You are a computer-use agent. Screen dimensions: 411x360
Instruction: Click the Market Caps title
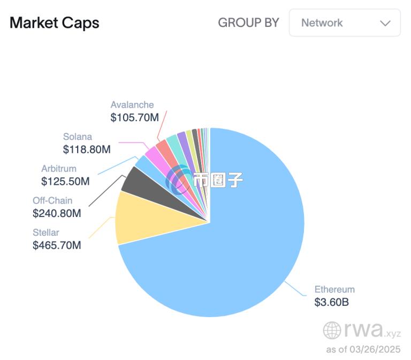click(55, 23)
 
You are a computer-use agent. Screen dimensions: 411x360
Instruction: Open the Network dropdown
click(345, 22)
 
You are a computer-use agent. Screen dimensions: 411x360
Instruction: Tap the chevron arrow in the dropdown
click(385, 24)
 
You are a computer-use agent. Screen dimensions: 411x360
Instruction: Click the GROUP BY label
click(248, 22)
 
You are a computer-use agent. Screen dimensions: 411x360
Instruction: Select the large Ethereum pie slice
click(236, 249)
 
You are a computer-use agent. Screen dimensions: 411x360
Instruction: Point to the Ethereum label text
click(334, 289)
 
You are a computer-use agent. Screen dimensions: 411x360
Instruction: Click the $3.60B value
click(332, 302)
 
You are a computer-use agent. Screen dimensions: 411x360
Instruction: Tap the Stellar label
click(46, 232)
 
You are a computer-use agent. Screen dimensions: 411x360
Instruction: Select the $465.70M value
click(57, 245)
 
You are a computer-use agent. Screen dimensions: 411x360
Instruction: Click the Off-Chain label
click(52, 200)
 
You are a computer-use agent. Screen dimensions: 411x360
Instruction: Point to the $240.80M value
click(57, 213)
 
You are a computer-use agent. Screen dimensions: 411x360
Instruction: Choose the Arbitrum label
click(59, 168)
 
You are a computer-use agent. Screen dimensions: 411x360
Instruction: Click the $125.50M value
click(65, 181)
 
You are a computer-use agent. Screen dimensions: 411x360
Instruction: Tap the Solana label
click(78, 137)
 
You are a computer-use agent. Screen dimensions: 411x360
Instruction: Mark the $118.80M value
click(87, 149)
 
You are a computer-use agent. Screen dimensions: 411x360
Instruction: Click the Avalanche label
click(132, 104)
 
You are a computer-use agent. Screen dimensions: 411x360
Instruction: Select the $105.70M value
click(135, 117)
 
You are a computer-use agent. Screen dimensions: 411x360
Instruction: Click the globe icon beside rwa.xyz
click(332, 330)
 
